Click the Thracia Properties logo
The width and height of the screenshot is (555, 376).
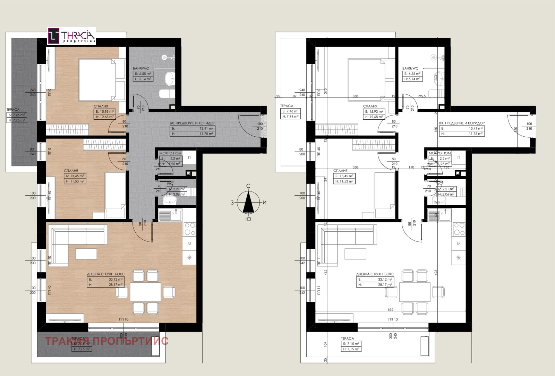71,36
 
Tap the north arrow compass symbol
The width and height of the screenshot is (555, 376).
248,203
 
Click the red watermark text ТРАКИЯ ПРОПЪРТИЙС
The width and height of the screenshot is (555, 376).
107,341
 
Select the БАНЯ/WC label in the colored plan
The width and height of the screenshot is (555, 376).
141,68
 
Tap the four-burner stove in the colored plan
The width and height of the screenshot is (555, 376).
190,229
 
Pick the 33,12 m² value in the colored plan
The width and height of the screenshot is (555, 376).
116,279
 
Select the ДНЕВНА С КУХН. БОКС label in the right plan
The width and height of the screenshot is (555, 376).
375,274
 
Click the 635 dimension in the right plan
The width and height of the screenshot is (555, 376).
391,309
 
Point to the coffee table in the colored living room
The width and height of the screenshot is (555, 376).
86,254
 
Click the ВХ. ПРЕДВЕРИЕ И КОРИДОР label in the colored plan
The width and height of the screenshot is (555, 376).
193,123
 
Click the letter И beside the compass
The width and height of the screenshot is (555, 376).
264,203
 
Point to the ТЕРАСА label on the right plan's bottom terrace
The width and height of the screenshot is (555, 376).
347,338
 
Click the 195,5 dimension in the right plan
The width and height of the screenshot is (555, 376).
421,96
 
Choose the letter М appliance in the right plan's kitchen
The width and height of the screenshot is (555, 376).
459,244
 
